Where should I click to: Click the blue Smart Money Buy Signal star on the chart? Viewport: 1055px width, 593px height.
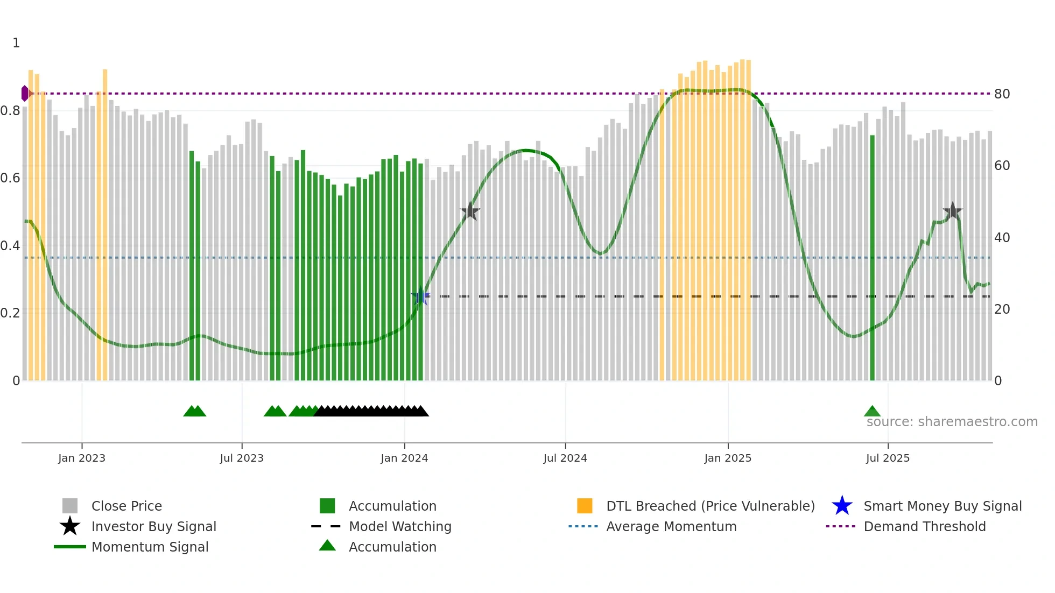(420, 296)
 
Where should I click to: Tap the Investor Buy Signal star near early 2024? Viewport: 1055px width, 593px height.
(470, 211)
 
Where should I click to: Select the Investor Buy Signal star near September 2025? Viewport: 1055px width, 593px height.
(952, 211)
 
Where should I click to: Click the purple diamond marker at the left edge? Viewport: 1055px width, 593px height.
(25, 93)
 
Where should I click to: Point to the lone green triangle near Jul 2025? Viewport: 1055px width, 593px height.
(872, 412)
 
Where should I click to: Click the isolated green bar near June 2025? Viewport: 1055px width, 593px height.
(872, 258)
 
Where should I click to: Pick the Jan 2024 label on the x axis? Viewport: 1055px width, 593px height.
(404, 458)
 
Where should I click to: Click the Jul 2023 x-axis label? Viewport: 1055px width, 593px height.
(242, 458)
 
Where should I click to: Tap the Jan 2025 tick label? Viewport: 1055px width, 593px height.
(728, 458)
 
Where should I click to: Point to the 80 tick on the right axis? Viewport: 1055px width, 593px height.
(1002, 94)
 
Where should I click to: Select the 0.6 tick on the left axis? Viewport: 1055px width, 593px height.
(10, 178)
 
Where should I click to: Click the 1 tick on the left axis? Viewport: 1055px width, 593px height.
(16, 43)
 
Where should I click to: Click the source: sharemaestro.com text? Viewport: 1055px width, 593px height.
(952, 421)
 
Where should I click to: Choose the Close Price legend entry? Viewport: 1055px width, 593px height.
(126, 506)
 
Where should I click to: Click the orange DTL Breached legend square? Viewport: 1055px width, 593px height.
(585, 506)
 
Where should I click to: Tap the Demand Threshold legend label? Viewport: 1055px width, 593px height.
(924, 526)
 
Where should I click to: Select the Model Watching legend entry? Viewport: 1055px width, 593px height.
(400, 526)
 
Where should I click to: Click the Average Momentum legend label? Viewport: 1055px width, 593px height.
(671, 526)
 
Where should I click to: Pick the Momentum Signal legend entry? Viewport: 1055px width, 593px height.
(150, 547)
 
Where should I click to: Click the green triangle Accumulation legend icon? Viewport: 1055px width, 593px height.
(327, 546)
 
